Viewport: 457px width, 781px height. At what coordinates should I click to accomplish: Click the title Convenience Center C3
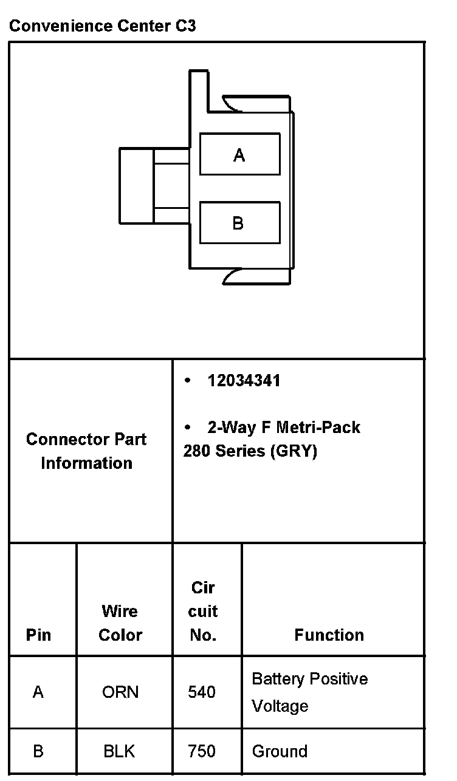click(103, 26)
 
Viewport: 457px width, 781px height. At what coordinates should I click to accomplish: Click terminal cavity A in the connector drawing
click(239, 155)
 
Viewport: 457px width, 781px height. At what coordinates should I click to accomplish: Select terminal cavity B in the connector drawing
click(239, 223)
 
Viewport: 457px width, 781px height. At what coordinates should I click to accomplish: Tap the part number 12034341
click(244, 381)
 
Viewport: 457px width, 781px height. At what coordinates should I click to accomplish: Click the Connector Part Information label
click(86, 451)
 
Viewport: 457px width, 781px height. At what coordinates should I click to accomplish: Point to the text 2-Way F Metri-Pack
click(283, 428)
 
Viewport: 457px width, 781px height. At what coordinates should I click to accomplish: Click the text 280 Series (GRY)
click(250, 452)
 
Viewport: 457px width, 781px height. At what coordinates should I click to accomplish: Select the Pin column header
click(38, 635)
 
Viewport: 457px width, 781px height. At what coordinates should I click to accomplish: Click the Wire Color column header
click(120, 623)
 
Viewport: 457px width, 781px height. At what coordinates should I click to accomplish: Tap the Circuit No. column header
click(203, 612)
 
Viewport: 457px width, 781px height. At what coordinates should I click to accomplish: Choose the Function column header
click(329, 635)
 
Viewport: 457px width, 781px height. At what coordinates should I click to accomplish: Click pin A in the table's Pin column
click(38, 692)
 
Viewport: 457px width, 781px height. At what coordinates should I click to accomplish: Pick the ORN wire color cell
click(120, 692)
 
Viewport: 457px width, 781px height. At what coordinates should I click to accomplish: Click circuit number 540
click(202, 692)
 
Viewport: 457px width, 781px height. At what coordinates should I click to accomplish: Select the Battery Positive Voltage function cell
click(310, 692)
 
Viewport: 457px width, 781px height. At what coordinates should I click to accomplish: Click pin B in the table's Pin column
click(38, 751)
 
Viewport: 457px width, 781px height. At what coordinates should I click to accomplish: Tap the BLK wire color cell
click(120, 751)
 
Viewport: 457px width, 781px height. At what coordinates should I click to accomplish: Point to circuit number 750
click(202, 751)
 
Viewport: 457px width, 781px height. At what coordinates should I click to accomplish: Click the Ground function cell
click(280, 751)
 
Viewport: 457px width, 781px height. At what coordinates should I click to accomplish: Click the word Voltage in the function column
click(280, 706)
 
